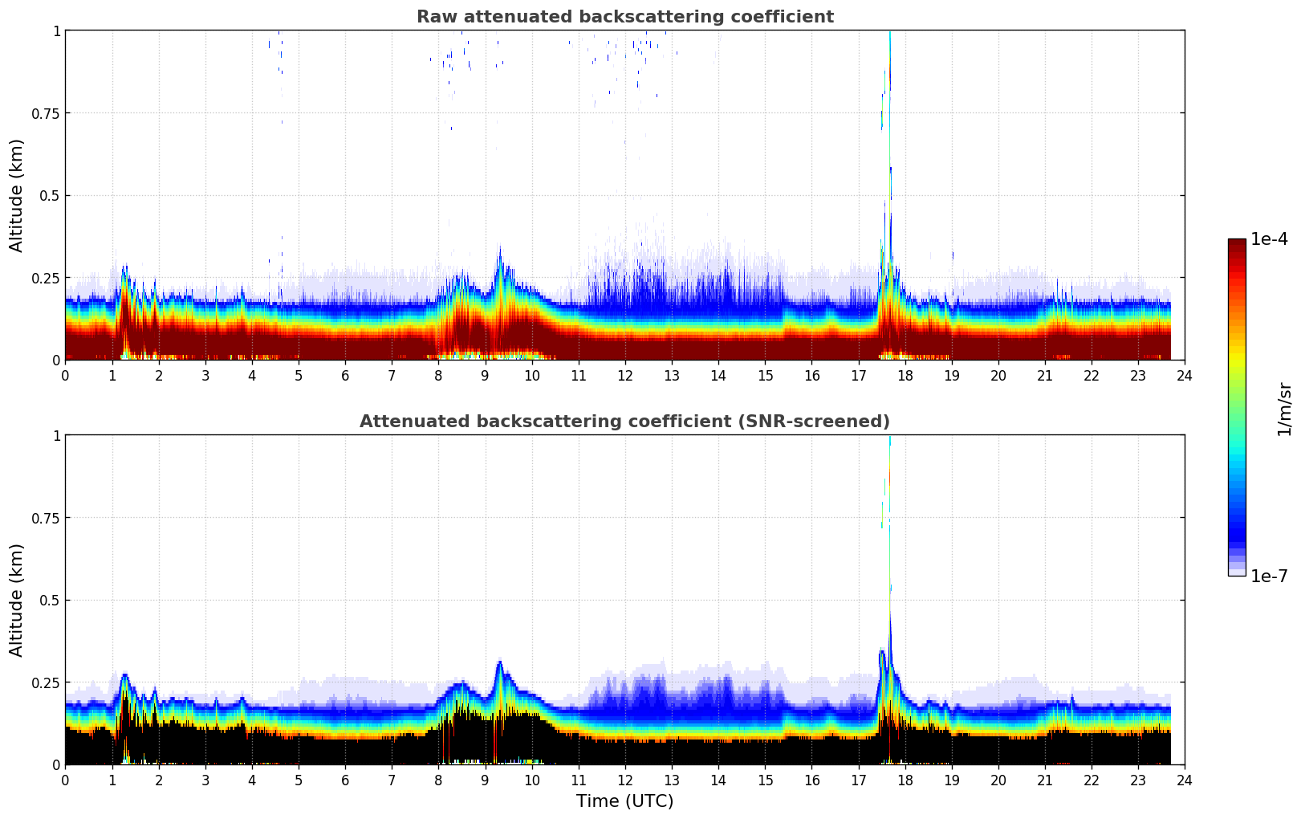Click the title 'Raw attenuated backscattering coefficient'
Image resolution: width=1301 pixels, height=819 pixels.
coord(624,17)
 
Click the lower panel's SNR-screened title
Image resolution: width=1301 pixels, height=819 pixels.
coord(624,422)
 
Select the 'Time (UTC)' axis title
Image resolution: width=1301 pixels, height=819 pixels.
coord(624,801)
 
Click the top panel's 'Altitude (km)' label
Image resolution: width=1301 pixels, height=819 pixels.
coord(17,195)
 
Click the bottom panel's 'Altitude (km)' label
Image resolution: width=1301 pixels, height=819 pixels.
coord(17,600)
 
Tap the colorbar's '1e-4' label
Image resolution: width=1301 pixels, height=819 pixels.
coord(1269,239)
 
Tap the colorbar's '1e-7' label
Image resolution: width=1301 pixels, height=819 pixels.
coord(1269,576)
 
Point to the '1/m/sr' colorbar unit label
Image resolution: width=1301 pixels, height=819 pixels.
coord(1284,408)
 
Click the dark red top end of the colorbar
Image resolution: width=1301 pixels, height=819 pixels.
coord(1237,244)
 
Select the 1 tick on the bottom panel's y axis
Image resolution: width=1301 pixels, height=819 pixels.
coord(56,436)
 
